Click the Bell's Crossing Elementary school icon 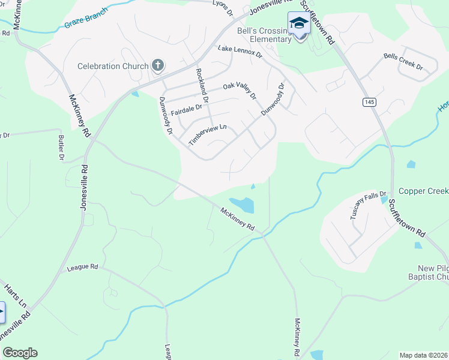tap(299, 24)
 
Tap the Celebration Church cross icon tap(158, 65)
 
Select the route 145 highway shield tap(369, 103)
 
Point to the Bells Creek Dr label tap(402, 61)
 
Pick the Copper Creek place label tap(424, 191)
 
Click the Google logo tap(20, 353)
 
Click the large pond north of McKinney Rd tap(243, 205)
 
